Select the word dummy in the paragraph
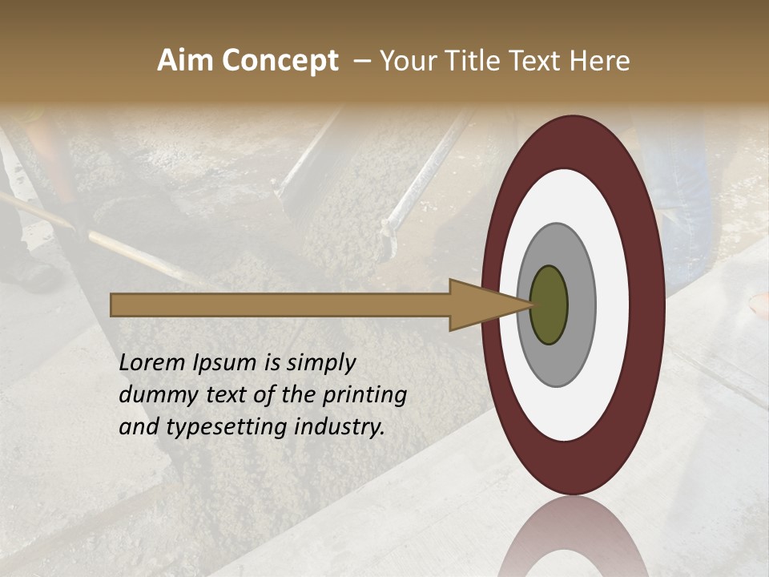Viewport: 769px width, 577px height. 152,395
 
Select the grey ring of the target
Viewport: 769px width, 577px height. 581,305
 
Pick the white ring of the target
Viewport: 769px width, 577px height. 612,305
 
